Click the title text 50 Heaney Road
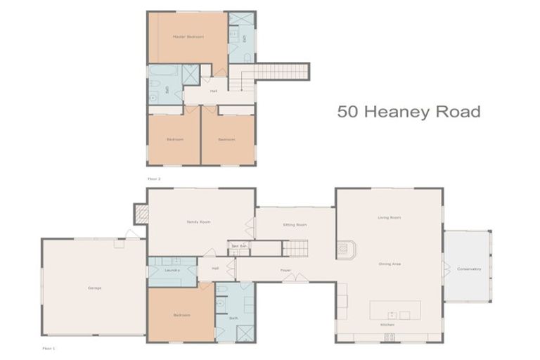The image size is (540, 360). point(408,111)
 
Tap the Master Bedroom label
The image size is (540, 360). point(188,37)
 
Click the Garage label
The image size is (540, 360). point(94,288)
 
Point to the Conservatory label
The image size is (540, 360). point(468,269)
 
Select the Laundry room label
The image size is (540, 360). point(172,270)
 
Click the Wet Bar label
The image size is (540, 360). point(238,246)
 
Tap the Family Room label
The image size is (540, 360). point(198,221)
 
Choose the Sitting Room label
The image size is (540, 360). point(295,224)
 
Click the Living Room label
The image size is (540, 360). point(389,218)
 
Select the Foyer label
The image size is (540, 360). point(285,270)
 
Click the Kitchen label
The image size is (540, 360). point(387,325)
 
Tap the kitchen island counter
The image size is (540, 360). point(395,310)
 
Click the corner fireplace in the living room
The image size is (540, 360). point(347,249)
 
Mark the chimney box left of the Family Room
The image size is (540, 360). point(141,214)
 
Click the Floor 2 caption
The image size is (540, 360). point(154,179)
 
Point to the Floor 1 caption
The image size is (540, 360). point(49,348)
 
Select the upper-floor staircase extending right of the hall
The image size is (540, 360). point(280,71)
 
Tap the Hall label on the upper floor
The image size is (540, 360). point(212,91)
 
